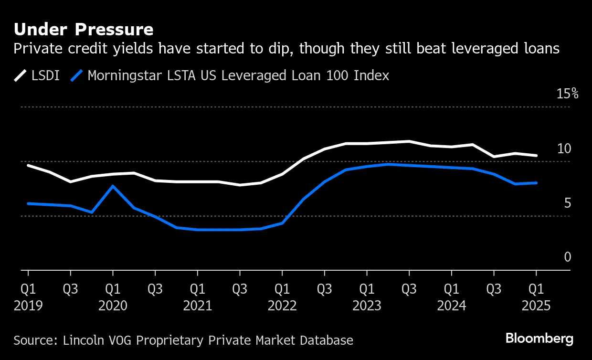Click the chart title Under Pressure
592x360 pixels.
[84, 30]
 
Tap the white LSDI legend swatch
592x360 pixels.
[21, 75]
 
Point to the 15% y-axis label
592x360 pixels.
[567, 94]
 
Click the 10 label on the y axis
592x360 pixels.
[564, 148]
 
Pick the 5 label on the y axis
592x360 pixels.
[567, 203]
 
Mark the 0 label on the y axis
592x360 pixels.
[567, 257]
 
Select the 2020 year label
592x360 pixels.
[113, 306]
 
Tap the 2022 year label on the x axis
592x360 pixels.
[282, 306]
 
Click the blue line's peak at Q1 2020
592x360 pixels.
[113, 186]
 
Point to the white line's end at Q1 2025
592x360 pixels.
[536, 155]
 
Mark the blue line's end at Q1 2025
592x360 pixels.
[536, 183]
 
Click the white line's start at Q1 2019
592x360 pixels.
[28, 165]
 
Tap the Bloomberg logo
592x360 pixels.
[539, 339]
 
